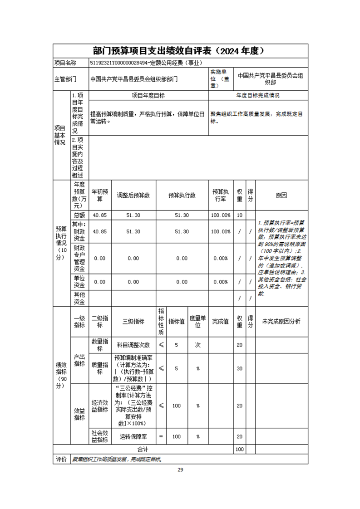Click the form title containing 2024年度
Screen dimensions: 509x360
click(180, 50)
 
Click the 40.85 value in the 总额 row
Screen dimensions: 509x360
click(100, 215)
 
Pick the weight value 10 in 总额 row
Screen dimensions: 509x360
click(240, 215)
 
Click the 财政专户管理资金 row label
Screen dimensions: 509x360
click(79, 258)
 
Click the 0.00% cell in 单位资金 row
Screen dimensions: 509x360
click(221, 282)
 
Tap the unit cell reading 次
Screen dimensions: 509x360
click(198, 345)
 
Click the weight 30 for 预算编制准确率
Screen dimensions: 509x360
click(240, 368)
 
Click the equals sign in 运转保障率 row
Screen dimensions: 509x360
click(161, 436)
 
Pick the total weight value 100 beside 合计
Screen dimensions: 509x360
click(240, 449)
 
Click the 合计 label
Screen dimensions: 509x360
click(143, 449)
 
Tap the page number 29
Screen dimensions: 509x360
click(180, 470)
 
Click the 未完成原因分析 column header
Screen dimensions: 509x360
click(281, 321)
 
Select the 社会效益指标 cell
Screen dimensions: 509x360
click(100, 436)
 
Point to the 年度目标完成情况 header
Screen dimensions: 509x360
click(258, 96)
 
